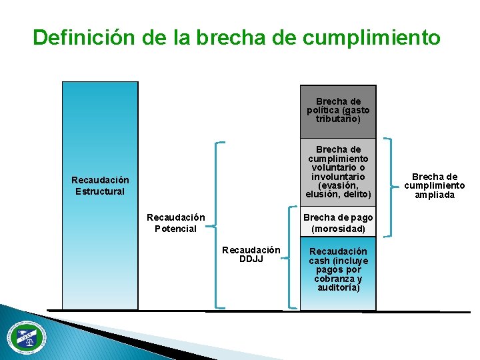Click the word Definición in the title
click(x=85, y=37)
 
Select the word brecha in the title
click(x=234, y=37)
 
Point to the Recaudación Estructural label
click(x=100, y=186)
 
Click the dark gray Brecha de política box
click(x=338, y=111)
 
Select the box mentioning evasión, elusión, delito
click(x=338, y=172)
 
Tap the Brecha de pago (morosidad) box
click(x=338, y=223)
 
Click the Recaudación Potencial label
click(x=176, y=223)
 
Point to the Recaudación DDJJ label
click(x=251, y=254)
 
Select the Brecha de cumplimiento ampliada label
click(x=435, y=186)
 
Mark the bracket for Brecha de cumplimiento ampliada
click(x=389, y=187)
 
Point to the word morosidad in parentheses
click(x=338, y=229)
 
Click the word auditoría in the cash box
click(x=338, y=288)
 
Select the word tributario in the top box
click(x=338, y=119)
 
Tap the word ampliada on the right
click(x=435, y=195)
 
